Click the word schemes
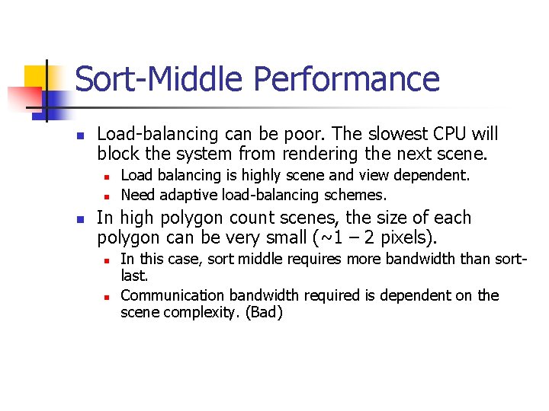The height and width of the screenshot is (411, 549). click(x=360, y=195)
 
